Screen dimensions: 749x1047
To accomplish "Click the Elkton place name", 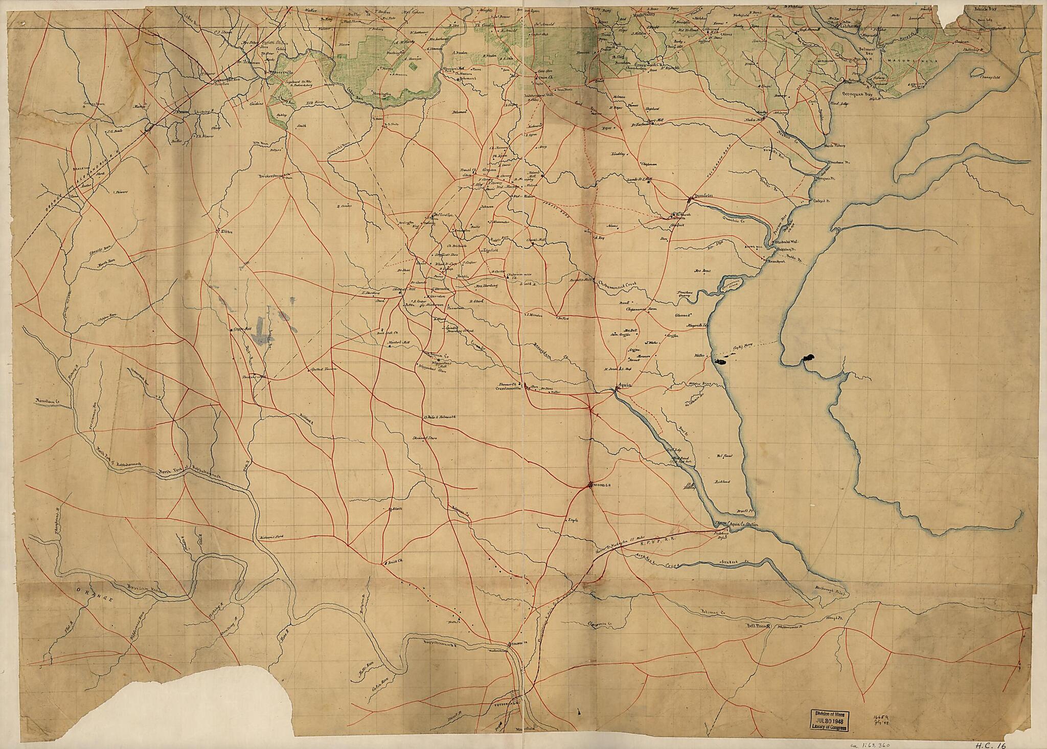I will point(226,232).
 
